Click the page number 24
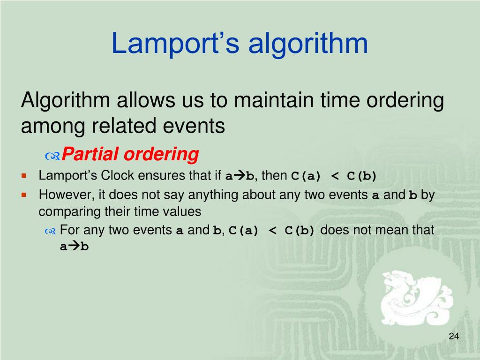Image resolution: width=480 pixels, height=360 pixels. [453, 336]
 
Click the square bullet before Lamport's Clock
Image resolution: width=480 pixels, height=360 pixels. [23, 176]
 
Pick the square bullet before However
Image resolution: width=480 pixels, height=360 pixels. [23, 195]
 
